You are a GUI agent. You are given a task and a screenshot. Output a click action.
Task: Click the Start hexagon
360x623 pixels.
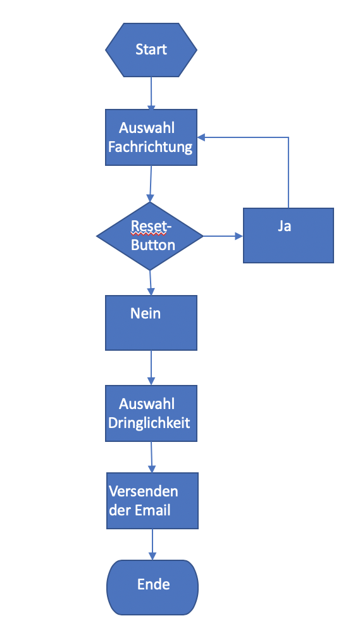tap(151, 49)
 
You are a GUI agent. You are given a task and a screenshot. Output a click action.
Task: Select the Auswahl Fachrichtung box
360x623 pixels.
tap(151, 137)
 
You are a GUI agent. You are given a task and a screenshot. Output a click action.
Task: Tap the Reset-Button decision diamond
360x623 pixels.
tap(150, 236)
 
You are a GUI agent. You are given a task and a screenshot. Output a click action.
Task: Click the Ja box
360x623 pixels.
tap(289, 236)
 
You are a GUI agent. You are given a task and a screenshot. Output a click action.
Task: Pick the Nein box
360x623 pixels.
tap(151, 323)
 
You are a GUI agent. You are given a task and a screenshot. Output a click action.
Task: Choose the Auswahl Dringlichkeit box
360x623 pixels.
tap(151, 413)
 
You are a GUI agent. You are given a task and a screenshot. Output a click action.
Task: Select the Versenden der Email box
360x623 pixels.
tap(152, 501)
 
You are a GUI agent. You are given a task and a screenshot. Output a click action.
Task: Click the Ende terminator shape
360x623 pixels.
tap(152, 588)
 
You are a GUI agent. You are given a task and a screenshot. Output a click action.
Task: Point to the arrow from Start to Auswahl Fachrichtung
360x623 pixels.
tap(151, 93)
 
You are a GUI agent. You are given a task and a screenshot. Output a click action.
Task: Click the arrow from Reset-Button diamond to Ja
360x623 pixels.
tap(223, 236)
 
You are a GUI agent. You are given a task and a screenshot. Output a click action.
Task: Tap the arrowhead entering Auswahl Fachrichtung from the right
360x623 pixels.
tap(201, 137)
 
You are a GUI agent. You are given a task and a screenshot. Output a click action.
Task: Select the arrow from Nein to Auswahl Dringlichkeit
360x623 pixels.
tap(151, 367)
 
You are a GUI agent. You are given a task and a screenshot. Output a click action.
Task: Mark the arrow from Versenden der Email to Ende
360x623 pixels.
tap(152, 544)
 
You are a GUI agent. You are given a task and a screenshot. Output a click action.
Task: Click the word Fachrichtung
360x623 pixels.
tap(151, 148)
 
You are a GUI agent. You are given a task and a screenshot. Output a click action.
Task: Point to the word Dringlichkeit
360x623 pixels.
tap(149, 423)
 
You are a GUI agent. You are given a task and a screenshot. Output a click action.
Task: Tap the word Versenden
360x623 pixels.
tap(144, 491)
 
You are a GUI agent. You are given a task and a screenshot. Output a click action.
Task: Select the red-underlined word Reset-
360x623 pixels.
tap(151, 227)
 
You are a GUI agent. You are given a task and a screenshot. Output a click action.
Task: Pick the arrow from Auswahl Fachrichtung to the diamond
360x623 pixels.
tap(151, 184)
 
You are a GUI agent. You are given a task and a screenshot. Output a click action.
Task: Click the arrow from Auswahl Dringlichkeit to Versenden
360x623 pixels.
tap(152, 457)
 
